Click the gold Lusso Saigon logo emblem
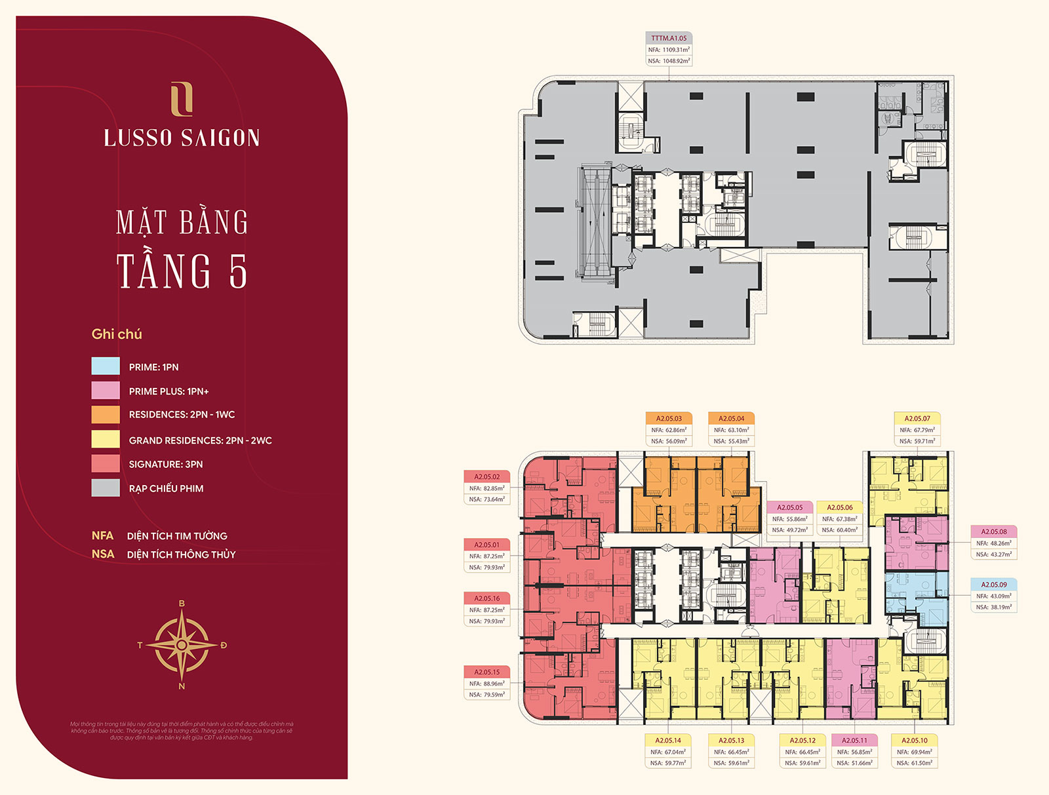tap(182, 99)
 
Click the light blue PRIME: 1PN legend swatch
tap(106, 366)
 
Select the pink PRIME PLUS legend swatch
tap(106, 391)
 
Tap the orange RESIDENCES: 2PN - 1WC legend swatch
tap(106, 414)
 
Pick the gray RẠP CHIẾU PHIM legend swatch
tap(106, 488)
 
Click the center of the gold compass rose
tap(182, 645)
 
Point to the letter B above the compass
tap(182, 604)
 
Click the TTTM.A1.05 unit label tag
tap(669, 38)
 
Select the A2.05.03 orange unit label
tap(669, 418)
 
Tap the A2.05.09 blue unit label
tap(993, 584)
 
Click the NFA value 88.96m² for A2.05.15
tap(493, 684)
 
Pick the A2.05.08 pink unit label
tap(993, 532)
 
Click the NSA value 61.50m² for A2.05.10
tap(920, 763)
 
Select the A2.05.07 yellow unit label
tap(917, 418)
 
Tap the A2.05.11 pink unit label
tap(854, 740)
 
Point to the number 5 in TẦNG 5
tap(239, 271)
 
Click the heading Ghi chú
tap(117, 334)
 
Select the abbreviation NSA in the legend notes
tap(103, 554)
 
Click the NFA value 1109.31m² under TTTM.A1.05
tap(675, 50)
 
